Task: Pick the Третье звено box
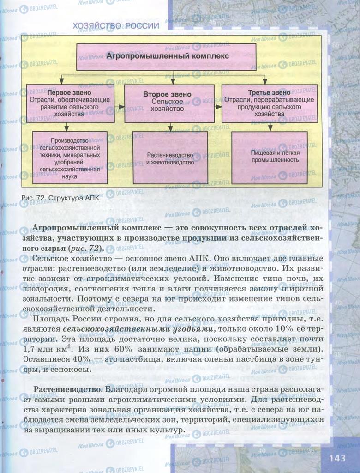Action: (x=270, y=103)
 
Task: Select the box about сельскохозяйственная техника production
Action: (x=70, y=158)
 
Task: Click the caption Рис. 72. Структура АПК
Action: (x=60, y=197)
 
